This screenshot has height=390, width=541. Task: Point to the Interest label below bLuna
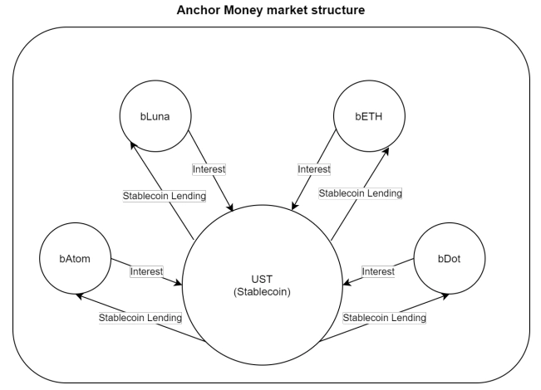click(209, 168)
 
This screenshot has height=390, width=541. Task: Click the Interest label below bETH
click(314, 168)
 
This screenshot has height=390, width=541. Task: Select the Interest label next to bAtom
click(146, 271)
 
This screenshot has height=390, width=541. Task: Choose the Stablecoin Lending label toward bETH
click(361, 193)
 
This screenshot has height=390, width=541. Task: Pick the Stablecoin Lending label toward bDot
click(384, 318)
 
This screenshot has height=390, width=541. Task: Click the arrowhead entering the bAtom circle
click(78, 294)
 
